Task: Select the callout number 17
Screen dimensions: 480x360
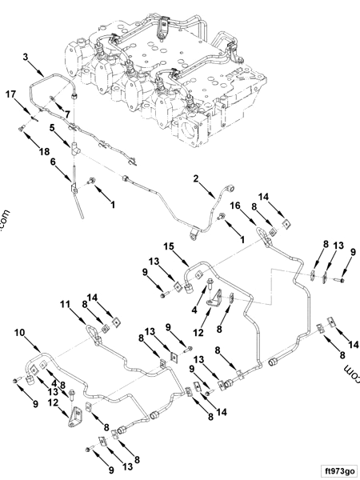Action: click(x=10, y=96)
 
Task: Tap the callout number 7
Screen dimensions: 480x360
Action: click(x=56, y=115)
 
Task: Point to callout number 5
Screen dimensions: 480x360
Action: click(x=51, y=127)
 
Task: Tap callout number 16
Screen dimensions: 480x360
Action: click(x=236, y=206)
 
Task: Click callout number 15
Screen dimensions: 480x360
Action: click(x=168, y=246)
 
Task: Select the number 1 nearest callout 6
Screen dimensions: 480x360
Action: click(x=113, y=205)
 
